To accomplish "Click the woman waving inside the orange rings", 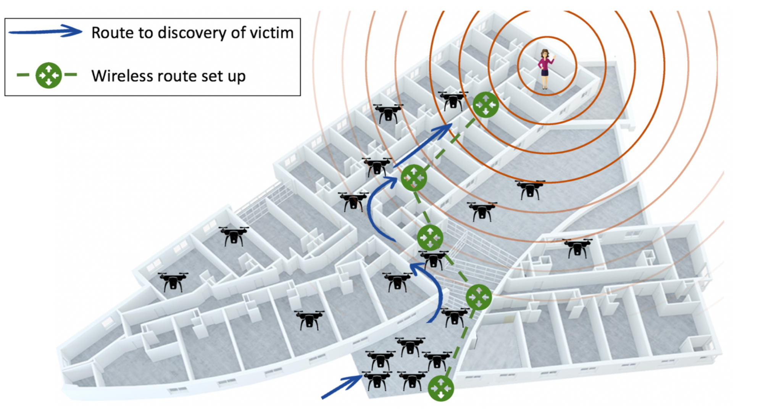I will point(545,69).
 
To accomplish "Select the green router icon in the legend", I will point(48,75).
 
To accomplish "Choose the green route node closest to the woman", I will point(486,104).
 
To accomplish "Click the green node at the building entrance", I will point(441,388).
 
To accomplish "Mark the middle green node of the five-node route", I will point(430,237).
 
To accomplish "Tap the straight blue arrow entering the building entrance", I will point(342,387).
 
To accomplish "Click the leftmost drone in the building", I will point(173,282).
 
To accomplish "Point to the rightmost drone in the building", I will point(577,248).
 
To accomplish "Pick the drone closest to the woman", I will point(453,100).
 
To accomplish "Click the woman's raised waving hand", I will point(553,56).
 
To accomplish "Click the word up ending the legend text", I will point(236,77).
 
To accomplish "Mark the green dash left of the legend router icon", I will point(23,75).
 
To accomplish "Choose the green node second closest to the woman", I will point(414,178).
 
